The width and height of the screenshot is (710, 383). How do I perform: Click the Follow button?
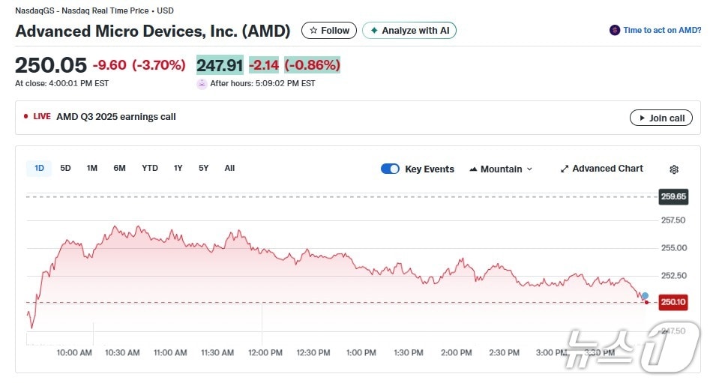point(329,31)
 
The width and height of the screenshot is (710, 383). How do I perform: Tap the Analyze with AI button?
point(409,31)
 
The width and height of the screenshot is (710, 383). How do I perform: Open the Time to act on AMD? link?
point(656,31)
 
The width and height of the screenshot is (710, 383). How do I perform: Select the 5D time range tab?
point(65,169)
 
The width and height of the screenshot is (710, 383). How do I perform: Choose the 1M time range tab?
point(91,169)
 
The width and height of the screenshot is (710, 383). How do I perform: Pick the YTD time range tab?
point(150,169)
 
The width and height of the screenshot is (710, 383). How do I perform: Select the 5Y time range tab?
point(203,169)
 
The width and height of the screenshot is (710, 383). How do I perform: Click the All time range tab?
point(229,169)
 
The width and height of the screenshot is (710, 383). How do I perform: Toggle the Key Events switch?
point(390,169)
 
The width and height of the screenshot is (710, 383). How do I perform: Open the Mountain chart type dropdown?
point(501,169)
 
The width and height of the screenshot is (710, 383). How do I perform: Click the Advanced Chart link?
point(601,169)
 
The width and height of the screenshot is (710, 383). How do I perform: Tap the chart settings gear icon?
point(674,169)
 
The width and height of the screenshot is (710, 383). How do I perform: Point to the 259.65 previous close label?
point(673,197)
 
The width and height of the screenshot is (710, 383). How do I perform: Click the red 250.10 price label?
point(673,302)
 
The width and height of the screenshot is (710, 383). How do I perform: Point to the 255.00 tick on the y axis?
point(673,248)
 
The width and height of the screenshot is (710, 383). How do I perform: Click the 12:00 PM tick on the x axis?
point(265,353)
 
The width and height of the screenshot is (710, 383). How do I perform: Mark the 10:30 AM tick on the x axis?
point(122,353)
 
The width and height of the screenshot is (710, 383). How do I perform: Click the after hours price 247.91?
point(220,65)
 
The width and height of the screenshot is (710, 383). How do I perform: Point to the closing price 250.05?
point(51,65)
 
